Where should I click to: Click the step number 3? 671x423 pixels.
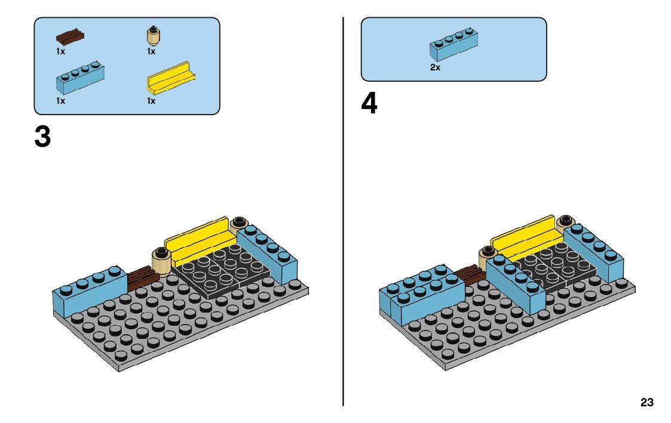pyautogui.click(x=42, y=137)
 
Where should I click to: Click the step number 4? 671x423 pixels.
pyautogui.click(x=369, y=104)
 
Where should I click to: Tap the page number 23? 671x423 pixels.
pyautogui.click(x=647, y=403)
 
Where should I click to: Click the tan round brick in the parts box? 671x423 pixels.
pyautogui.click(x=154, y=36)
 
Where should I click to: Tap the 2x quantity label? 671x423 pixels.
pyautogui.click(x=435, y=67)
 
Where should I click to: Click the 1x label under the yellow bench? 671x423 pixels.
pyautogui.click(x=151, y=101)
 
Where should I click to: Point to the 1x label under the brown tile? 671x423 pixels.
pyautogui.click(x=60, y=51)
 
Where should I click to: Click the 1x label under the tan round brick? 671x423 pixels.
pyautogui.click(x=151, y=51)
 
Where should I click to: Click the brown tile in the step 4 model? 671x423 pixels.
pyautogui.click(x=470, y=275)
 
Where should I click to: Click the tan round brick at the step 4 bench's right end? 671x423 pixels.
pyautogui.click(x=565, y=223)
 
